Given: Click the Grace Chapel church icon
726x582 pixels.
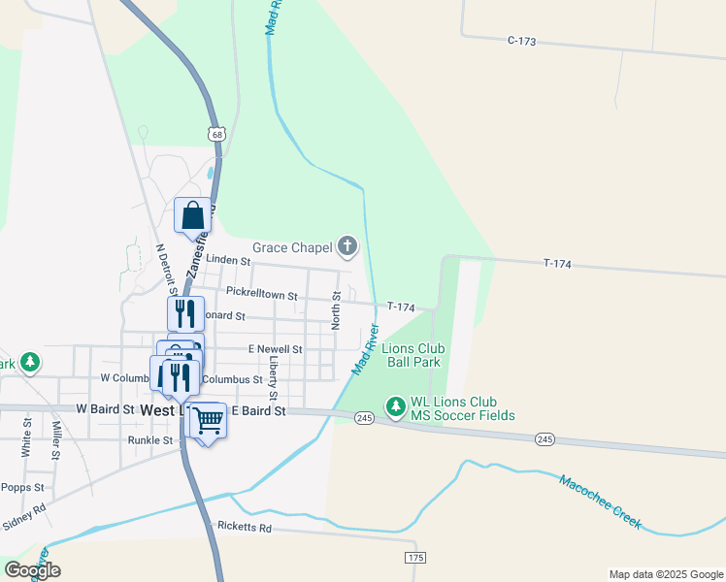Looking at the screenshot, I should pyautogui.click(x=347, y=247).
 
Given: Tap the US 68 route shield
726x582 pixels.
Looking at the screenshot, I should pyautogui.click(x=215, y=134).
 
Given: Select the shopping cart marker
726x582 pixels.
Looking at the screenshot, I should pyautogui.click(x=207, y=421).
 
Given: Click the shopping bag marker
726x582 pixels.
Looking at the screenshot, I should pyautogui.click(x=192, y=215).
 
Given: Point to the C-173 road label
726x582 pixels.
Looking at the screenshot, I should pyautogui.click(x=521, y=41).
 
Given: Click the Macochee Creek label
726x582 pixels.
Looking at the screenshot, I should pyautogui.click(x=600, y=501).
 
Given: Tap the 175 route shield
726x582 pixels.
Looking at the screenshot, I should pyautogui.click(x=415, y=557).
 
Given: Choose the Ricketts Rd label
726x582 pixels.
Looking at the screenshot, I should pyautogui.click(x=244, y=529).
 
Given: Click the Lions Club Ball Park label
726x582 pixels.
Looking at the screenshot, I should pyautogui.click(x=412, y=355).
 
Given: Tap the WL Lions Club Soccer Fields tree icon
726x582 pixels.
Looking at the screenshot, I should pyautogui.click(x=395, y=406).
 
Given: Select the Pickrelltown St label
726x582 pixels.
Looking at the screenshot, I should pyautogui.click(x=261, y=291).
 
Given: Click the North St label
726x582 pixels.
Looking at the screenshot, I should pyautogui.click(x=336, y=310).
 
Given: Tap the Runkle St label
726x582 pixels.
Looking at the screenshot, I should pyautogui.click(x=149, y=439).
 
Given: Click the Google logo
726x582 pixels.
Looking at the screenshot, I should pyautogui.click(x=32, y=570).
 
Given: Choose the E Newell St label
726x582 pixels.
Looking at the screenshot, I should pyautogui.click(x=276, y=348).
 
